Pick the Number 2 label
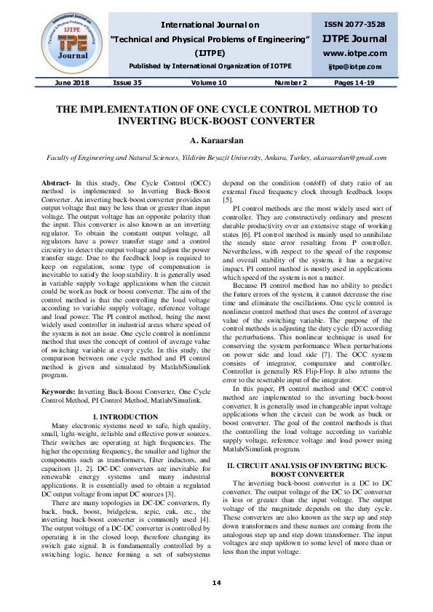(290, 84)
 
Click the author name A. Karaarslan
(216, 140)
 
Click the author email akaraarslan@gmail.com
(351, 157)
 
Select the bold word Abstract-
(57, 183)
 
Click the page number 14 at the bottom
(216, 583)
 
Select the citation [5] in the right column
(227, 199)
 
